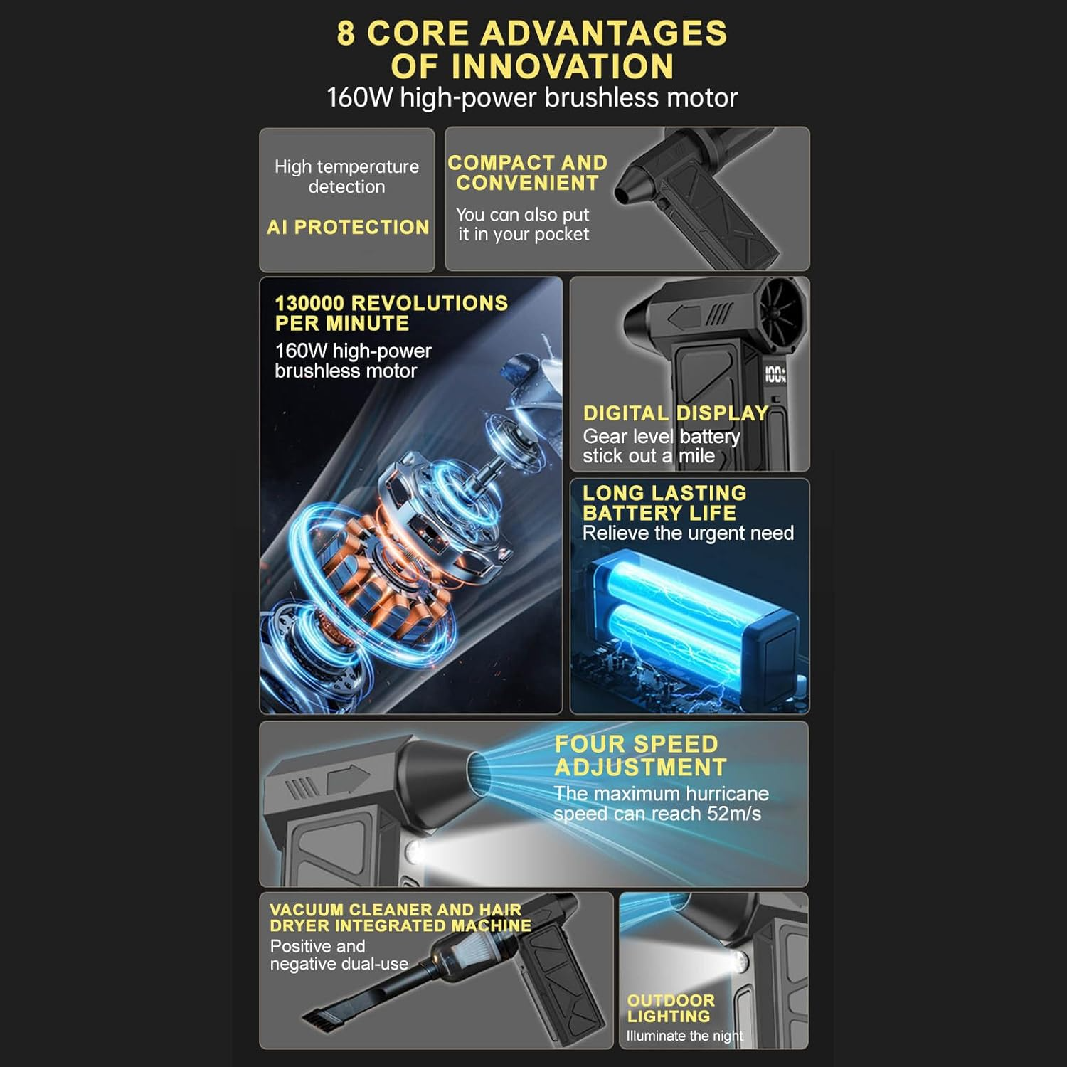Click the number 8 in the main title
point(346,33)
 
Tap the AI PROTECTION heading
point(348,227)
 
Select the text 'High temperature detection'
point(346,176)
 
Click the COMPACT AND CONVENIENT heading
point(527,173)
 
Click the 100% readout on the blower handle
point(775,375)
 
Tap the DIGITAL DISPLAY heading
point(675,413)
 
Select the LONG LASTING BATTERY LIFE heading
point(664,503)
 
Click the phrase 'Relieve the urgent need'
point(688,533)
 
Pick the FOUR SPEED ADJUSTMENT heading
point(639,755)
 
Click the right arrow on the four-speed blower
point(349,780)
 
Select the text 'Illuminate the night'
point(684,1036)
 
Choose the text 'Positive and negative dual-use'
point(339,955)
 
